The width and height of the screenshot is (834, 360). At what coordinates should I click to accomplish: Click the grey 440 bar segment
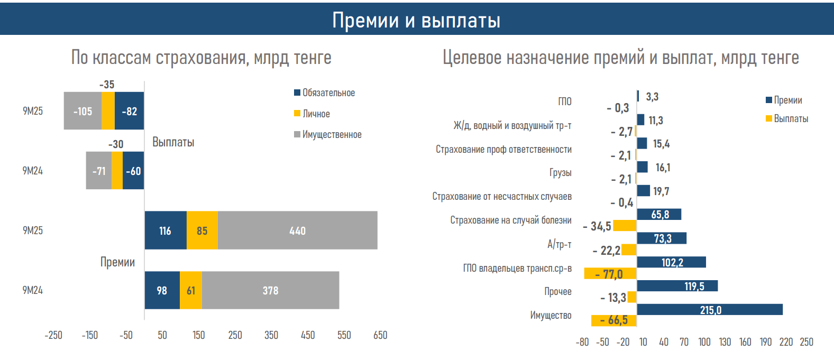(297, 230)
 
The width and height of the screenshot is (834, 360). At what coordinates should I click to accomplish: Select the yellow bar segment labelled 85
(202, 230)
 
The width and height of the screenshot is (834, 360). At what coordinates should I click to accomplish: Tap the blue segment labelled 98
(162, 290)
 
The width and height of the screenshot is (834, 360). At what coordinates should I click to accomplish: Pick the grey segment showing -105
(83, 111)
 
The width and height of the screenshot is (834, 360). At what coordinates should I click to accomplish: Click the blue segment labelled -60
(133, 171)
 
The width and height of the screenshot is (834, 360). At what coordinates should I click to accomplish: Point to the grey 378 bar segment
(270, 290)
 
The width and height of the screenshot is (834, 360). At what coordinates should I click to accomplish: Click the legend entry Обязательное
(324, 93)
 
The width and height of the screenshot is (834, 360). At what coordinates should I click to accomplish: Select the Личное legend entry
(312, 114)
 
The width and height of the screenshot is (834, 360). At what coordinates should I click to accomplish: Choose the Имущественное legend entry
(328, 135)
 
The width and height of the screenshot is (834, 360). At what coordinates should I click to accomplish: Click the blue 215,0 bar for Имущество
(710, 310)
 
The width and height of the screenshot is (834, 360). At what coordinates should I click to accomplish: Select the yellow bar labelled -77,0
(610, 274)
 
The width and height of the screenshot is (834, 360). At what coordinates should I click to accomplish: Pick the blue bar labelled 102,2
(672, 262)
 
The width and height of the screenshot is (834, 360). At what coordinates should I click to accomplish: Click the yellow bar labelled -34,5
(625, 226)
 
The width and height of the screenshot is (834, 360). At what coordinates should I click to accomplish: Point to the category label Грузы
(561, 173)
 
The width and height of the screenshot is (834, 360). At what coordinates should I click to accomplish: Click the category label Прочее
(558, 292)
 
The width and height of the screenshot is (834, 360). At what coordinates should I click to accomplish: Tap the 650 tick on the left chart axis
(380, 335)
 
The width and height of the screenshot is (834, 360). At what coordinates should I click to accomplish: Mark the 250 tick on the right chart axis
(806, 342)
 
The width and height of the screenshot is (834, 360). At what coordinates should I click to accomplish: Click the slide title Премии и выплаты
(416, 20)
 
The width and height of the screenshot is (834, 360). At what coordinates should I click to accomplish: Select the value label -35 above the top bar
(107, 85)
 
